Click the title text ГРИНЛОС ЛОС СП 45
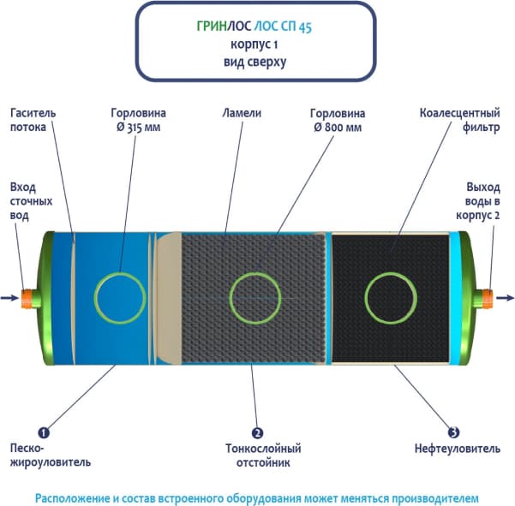(x=258, y=27)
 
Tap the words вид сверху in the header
(x=258, y=62)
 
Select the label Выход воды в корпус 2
(x=482, y=201)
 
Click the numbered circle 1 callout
(x=43, y=430)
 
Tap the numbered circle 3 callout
(x=453, y=431)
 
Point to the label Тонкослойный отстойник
(x=262, y=455)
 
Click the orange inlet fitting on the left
(x=27, y=297)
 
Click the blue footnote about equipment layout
(x=258, y=497)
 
